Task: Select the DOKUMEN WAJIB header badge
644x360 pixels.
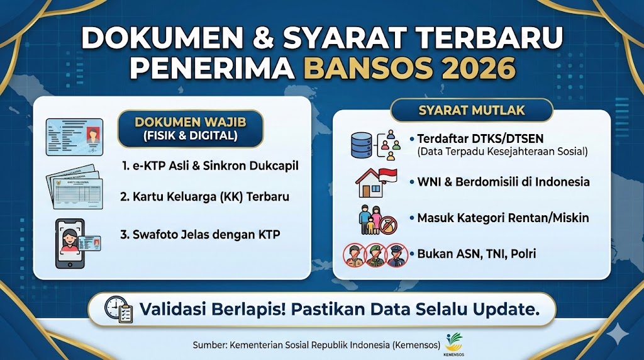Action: [x=190, y=128]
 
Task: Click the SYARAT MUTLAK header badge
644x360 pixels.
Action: [x=472, y=110]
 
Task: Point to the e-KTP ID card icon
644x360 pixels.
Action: [x=74, y=137]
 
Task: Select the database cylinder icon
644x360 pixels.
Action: [x=363, y=144]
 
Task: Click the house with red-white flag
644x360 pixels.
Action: [x=375, y=181]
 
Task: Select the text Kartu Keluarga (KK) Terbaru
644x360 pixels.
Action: [x=204, y=197]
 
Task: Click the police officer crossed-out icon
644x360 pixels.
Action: [x=397, y=256]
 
